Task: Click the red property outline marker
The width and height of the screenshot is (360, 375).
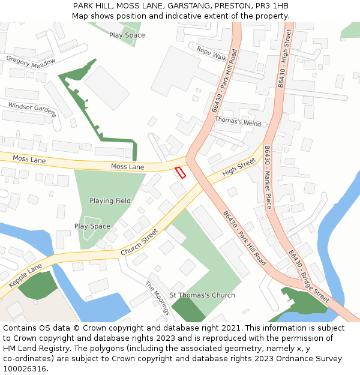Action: point(180,172)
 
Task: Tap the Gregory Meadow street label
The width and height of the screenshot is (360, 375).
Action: point(31,61)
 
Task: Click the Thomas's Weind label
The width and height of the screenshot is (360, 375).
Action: point(238,121)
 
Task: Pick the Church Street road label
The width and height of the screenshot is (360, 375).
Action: point(139,242)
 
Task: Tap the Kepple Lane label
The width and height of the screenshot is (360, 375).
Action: point(25,275)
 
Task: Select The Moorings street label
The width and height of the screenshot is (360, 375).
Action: point(157,298)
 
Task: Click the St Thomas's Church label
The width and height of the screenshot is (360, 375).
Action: point(202,295)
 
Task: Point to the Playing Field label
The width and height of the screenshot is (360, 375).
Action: point(110,200)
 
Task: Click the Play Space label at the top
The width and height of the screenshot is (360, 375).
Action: point(127,35)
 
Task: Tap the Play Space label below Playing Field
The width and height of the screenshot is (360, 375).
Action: point(92,226)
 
